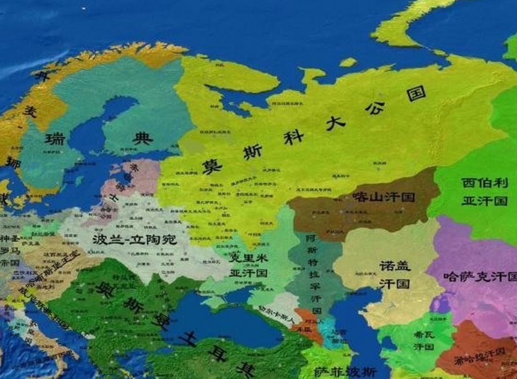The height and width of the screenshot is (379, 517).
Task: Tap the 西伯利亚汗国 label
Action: pos(484,191)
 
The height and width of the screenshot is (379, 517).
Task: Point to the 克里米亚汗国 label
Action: pos(249,266)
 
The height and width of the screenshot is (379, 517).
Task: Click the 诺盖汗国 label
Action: pos(395,275)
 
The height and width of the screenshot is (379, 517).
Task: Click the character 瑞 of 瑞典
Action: pos(54,139)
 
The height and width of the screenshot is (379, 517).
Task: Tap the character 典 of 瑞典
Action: pos(142,139)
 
